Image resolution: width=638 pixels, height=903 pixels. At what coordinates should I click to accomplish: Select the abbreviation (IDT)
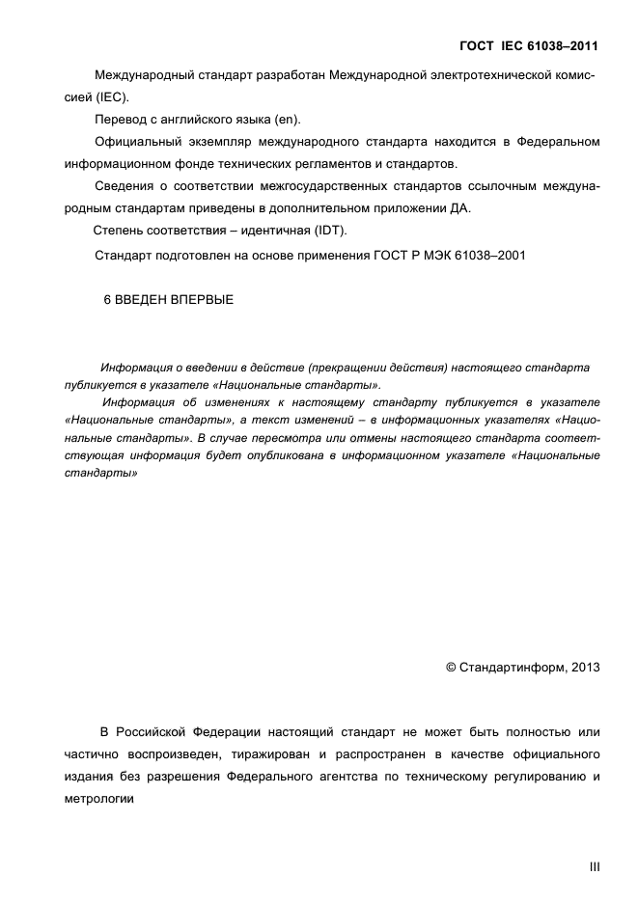pos(328,231)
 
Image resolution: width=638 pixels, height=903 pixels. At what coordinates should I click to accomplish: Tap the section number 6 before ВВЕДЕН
pos(107,300)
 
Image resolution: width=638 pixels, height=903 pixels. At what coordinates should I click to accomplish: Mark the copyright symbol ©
pos(450,667)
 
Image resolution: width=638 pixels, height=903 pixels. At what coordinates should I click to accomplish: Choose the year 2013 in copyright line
pos(585,667)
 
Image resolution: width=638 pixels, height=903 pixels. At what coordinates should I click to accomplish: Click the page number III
pos(594,867)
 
